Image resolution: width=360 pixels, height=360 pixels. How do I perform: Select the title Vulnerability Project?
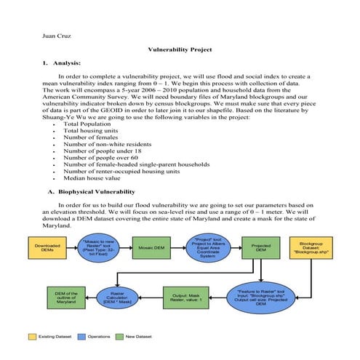click(180, 49)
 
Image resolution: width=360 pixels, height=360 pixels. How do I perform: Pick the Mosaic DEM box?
click(157, 248)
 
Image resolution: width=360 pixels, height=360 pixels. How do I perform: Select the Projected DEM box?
click(261, 248)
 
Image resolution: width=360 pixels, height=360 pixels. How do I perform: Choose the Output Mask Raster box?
click(184, 297)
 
